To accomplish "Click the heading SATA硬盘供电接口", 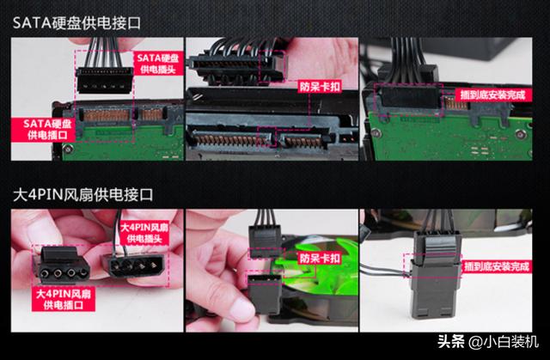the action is pyautogui.click(x=76, y=23).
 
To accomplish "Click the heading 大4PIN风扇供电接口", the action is pyautogui.click(x=82, y=194).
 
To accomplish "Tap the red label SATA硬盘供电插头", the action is pyautogui.click(x=158, y=64).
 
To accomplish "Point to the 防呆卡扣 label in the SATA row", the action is pyautogui.click(x=320, y=87).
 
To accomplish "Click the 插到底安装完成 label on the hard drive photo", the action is pyautogui.click(x=492, y=95).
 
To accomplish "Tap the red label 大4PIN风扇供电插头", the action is pyautogui.click(x=144, y=233).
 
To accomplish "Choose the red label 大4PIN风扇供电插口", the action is pyautogui.click(x=63, y=299).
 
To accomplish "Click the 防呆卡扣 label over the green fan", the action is pyautogui.click(x=320, y=259).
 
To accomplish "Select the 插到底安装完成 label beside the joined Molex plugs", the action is pyautogui.click(x=497, y=266).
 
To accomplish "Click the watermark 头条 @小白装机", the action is pyautogui.click(x=488, y=341).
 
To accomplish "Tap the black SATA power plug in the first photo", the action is pyautogui.click(x=105, y=80).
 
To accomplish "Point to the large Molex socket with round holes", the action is pyautogui.click(x=64, y=266).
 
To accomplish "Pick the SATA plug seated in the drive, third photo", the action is pyautogui.click(x=410, y=96).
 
